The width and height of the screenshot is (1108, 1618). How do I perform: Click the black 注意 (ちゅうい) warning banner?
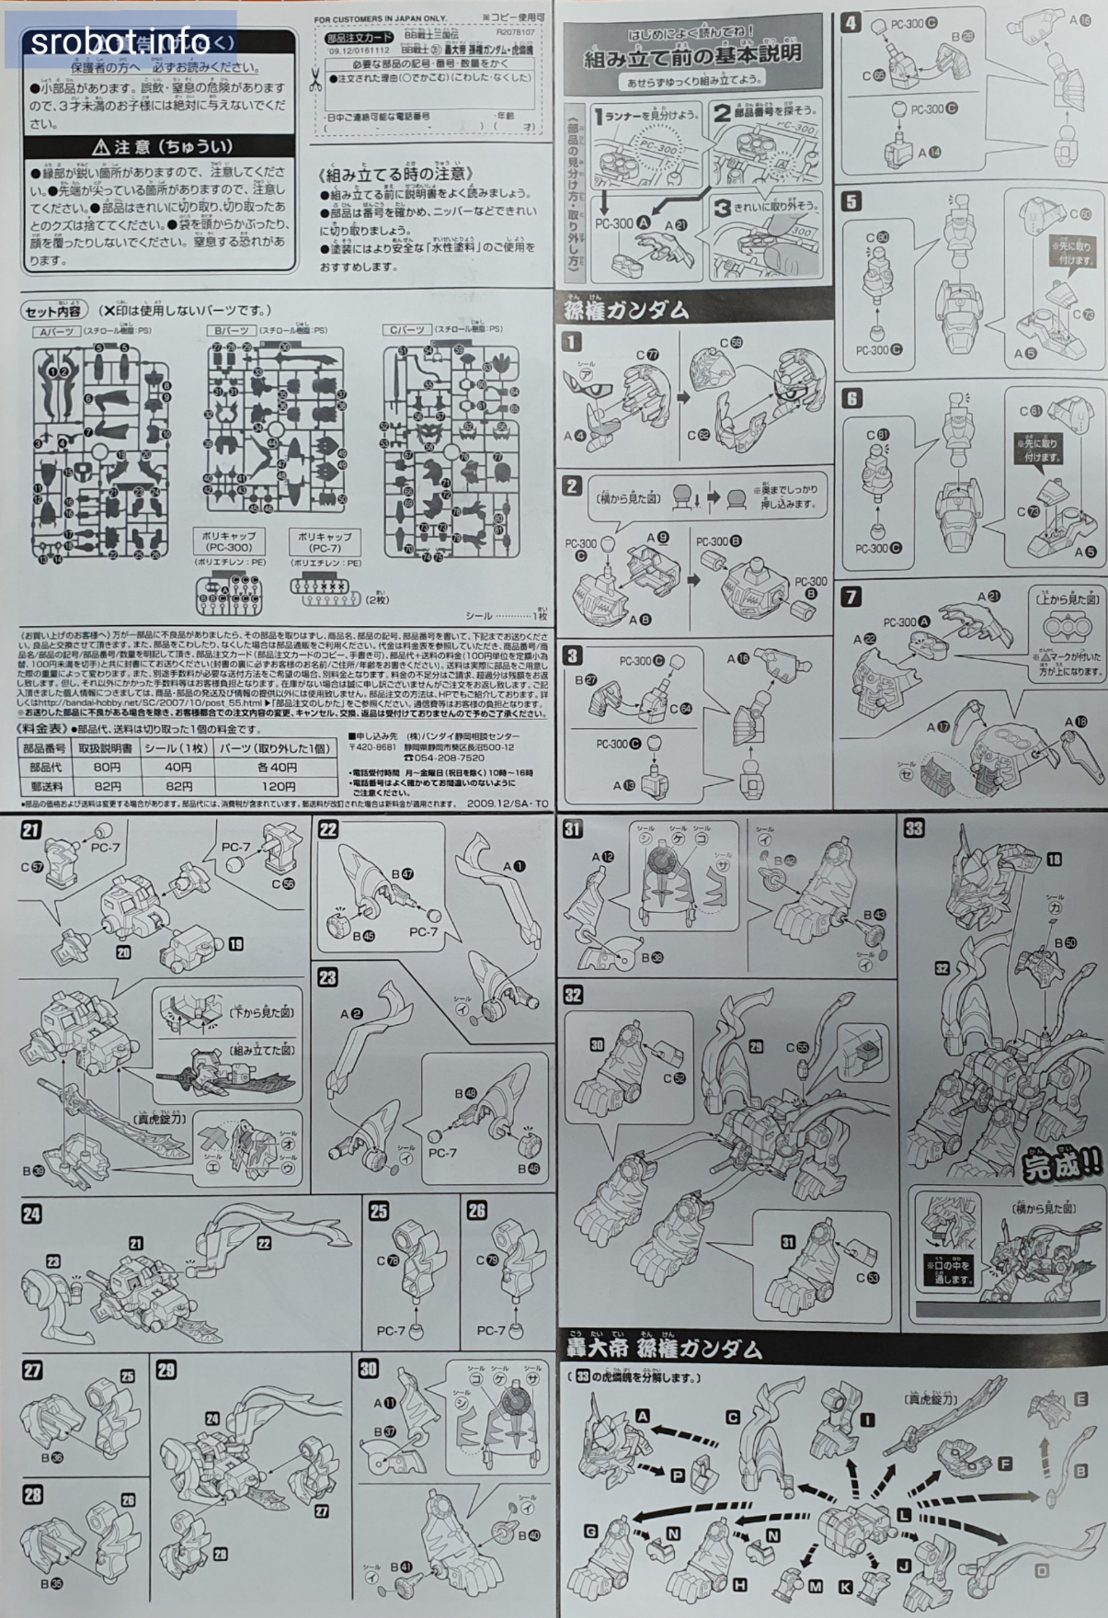coord(161,146)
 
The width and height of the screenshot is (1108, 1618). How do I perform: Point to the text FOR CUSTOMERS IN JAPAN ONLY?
coord(380,18)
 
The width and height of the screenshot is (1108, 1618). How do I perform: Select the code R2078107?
coord(515,32)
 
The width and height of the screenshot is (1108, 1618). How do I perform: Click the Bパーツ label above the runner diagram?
coord(229,330)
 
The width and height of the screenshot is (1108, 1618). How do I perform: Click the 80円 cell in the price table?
coord(107,767)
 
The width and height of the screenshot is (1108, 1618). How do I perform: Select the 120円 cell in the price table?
coord(277,786)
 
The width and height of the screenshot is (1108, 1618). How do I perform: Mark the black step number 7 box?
coord(851,597)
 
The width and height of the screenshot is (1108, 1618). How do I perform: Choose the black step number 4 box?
coord(851,22)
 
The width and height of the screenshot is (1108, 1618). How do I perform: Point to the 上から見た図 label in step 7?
coord(1068,598)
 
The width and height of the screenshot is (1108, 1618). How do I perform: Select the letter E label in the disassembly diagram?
coord(1081,1398)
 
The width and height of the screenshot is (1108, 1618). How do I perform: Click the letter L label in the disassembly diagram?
coord(905,1514)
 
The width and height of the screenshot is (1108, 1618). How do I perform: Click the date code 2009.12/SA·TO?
coord(507,803)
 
